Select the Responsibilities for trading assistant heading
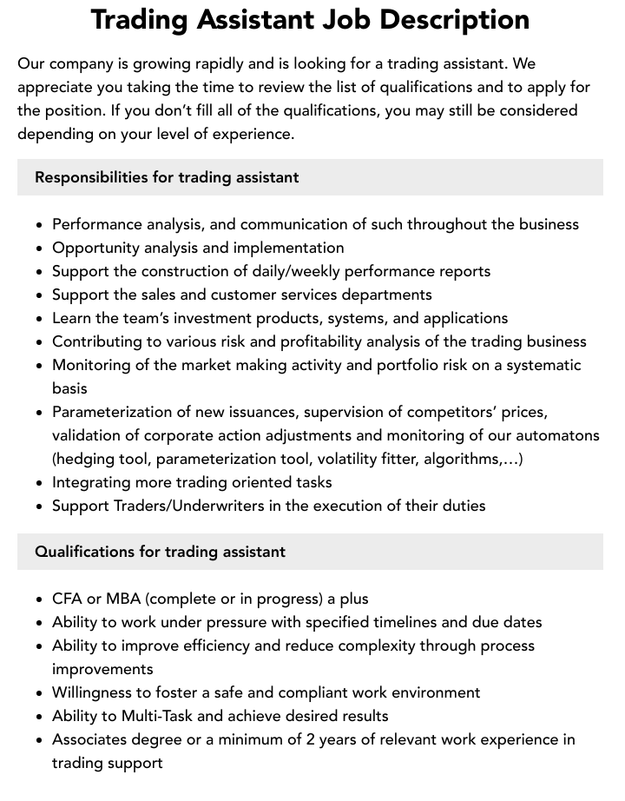click(x=167, y=177)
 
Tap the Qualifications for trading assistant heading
click(x=160, y=552)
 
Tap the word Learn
click(x=73, y=318)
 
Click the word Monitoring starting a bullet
click(x=93, y=365)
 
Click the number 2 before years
click(x=385, y=739)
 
